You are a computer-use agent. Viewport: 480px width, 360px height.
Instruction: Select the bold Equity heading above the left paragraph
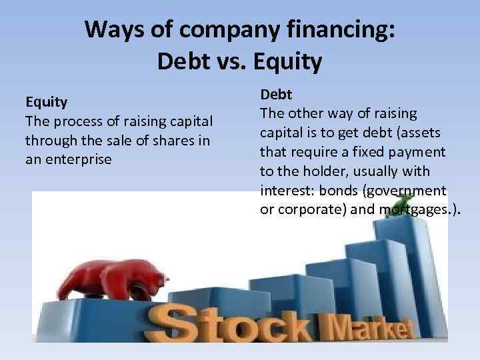click(47, 102)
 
